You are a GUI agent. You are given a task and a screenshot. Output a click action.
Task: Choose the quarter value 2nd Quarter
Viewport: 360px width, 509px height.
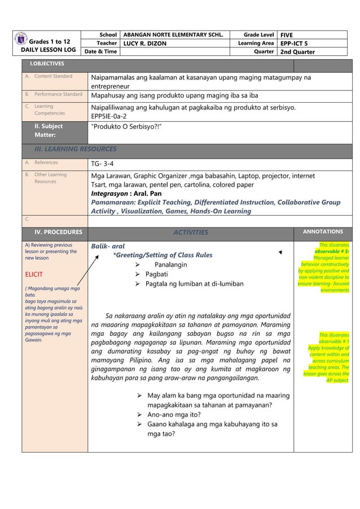click(x=297, y=52)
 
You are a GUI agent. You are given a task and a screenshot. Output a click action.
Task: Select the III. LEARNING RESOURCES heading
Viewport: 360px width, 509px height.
click(x=76, y=150)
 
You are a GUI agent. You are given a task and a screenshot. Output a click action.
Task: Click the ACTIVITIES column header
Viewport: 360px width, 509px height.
click(x=190, y=232)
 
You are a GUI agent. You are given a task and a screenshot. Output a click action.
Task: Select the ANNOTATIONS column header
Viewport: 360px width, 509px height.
click(x=323, y=231)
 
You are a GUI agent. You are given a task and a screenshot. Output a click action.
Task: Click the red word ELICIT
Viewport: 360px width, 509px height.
click(x=36, y=277)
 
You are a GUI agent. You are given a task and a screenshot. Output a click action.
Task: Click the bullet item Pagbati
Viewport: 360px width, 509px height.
click(x=159, y=274)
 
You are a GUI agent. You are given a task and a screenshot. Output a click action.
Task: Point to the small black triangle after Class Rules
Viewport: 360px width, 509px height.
click(x=280, y=255)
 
